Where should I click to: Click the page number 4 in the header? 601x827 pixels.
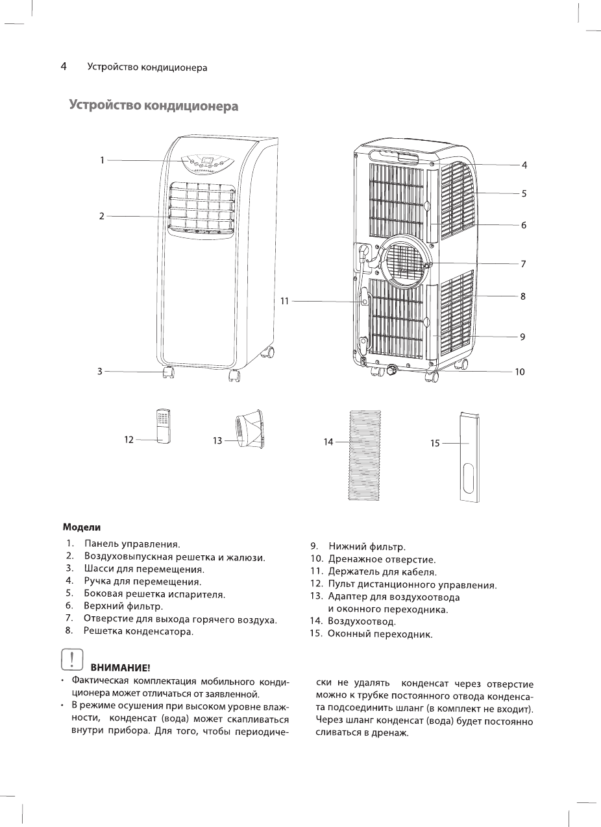click(64, 67)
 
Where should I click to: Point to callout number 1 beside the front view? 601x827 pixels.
click(102, 160)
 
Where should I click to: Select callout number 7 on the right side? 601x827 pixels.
click(523, 264)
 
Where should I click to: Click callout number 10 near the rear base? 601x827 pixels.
click(519, 372)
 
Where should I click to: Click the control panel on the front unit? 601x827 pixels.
click(206, 162)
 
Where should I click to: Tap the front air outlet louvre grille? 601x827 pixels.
click(202, 208)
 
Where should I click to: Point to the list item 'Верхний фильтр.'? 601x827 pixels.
click(123, 606)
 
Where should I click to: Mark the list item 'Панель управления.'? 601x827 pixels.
click(132, 544)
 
